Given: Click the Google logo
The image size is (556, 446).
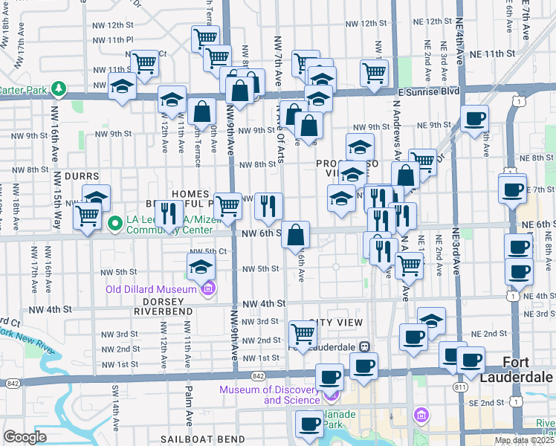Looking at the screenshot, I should coord(25,437).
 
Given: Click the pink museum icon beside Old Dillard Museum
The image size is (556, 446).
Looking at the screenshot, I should coord(208,288).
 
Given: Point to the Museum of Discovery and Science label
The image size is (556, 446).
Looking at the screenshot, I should coord(271,395).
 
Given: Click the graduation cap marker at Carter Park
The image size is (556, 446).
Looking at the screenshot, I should coord(122,88).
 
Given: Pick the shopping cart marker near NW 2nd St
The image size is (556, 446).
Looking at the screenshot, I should coord(303,334).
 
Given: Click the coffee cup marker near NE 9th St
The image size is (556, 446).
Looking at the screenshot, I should coord(474,118).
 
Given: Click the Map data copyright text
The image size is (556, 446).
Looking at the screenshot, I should coord(525,441).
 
